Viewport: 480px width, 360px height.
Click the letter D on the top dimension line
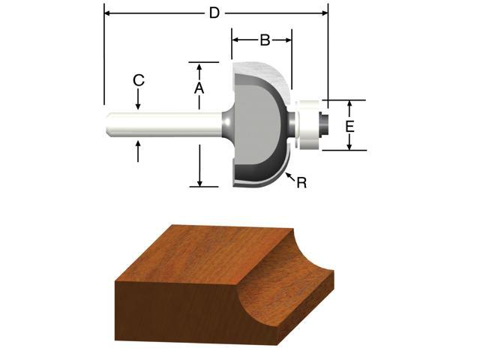point(214,13)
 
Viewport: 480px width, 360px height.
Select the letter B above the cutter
point(264,40)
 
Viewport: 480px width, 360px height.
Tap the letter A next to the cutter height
point(199,88)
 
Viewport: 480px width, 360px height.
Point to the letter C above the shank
point(138,80)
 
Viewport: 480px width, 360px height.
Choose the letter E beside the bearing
point(349,127)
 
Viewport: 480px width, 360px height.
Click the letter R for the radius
point(301,182)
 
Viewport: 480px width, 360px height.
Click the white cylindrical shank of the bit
point(165,124)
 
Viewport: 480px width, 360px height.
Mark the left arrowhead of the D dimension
point(107,13)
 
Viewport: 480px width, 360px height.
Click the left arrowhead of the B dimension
point(235,39)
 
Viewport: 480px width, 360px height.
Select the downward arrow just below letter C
point(138,105)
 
